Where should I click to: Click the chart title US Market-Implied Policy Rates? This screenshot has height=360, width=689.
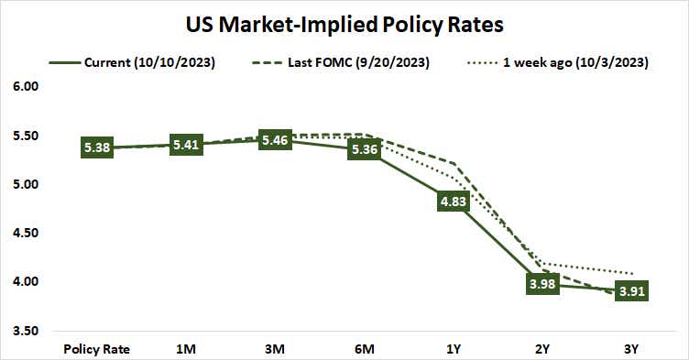pyautogui.click(x=344, y=21)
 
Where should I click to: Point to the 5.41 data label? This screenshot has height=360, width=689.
pyautogui.click(x=187, y=144)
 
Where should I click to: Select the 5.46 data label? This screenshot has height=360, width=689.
pyautogui.click(x=276, y=140)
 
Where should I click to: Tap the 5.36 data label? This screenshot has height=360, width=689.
pyautogui.click(x=365, y=149)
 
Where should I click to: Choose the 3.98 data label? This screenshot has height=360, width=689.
pyautogui.click(x=543, y=284)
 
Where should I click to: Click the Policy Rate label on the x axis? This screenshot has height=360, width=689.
pyautogui.click(x=97, y=348)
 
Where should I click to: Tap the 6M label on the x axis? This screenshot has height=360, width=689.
pyautogui.click(x=365, y=348)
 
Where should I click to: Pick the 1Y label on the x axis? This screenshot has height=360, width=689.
pyautogui.click(x=454, y=348)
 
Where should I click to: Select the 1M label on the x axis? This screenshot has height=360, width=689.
pyautogui.click(x=187, y=348)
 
